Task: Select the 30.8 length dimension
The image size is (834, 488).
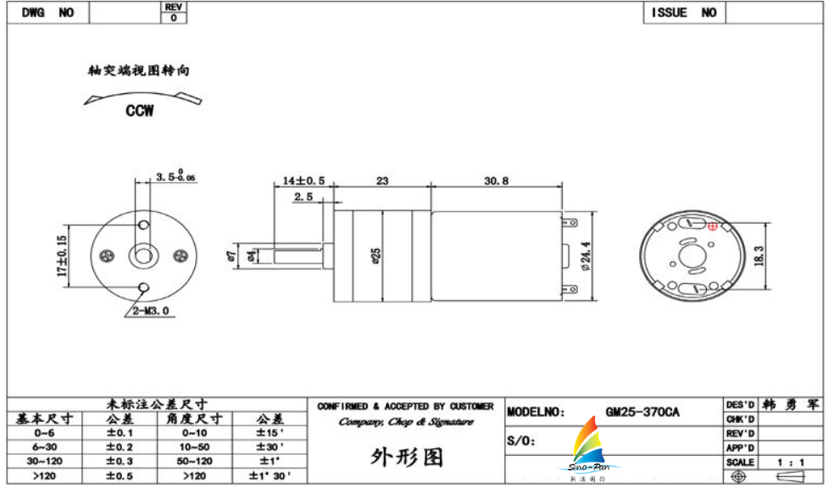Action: pos(496,180)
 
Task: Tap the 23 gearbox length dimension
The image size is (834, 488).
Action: pos(381,180)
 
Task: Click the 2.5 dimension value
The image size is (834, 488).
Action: pos(303,197)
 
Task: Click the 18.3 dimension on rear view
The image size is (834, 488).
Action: pos(759,254)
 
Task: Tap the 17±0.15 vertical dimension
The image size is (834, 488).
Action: pos(61,255)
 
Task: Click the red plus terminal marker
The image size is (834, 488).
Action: pos(713,225)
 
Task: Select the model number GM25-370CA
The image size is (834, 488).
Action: pos(642,413)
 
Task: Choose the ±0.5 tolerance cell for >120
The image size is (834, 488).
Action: pos(119,476)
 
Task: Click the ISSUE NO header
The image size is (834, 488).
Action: pos(683,13)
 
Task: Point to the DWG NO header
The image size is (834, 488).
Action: pos(47,13)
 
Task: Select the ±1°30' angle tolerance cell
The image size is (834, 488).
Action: pos(270,476)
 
